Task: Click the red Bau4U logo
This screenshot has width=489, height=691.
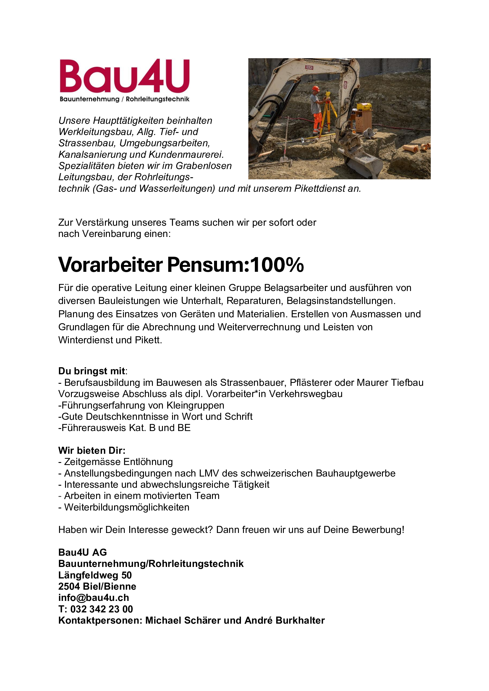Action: coord(124,76)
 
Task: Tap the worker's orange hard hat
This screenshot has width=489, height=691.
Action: coord(315,89)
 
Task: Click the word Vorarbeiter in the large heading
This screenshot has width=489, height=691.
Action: coord(110,265)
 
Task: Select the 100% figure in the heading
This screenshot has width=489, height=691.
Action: coord(277,265)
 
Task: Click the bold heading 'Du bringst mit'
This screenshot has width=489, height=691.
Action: coord(92,371)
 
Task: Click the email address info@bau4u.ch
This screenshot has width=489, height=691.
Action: coord(94,598)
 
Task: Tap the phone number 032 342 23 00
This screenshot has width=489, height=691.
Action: coord(101,609)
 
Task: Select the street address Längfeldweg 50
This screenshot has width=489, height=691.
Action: coord(95,575)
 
